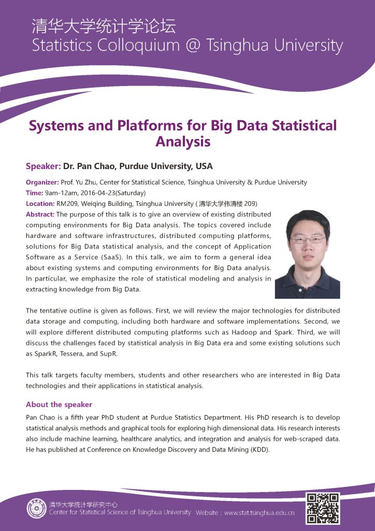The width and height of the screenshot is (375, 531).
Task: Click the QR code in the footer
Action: point(323,508)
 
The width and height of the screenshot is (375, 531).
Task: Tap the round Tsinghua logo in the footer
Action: point(36,508)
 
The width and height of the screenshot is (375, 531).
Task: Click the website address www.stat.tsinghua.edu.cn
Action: point(259,513)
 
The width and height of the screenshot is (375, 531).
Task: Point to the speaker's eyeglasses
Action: point(308,240)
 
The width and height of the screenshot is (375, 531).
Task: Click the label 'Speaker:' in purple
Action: point(43,166)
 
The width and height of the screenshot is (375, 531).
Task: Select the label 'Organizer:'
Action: point(42,183)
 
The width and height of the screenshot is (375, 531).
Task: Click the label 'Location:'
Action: point(40,203)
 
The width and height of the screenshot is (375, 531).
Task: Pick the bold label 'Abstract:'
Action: point(40,214)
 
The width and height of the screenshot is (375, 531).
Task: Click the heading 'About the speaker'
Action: point(59,404)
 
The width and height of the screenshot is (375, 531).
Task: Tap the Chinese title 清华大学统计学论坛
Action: point(104,25)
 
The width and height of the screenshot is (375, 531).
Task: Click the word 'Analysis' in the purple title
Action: point(183,141)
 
